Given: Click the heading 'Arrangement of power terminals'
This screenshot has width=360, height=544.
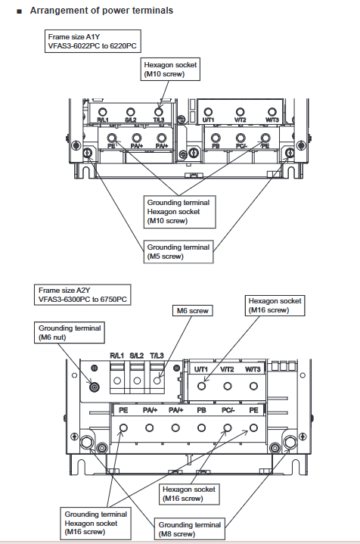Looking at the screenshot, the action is [101, 11].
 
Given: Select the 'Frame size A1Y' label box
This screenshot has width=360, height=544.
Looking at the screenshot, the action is [92, 42].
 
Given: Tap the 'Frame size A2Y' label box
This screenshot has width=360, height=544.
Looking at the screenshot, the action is [82, 295].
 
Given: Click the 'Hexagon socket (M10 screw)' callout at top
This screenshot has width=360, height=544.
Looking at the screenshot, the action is [170, 70].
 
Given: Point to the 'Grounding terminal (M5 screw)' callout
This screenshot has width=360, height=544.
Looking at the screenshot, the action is [178, 252].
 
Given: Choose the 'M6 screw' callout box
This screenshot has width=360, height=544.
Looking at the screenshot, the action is [193, 311].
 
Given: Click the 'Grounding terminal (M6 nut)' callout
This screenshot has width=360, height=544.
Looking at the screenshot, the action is [70, 333].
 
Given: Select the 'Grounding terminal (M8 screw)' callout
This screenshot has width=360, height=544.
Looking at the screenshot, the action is [190, 529].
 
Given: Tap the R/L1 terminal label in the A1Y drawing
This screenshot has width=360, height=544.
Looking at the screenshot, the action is [103, 120].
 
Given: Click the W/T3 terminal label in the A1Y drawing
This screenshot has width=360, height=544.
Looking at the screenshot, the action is [272, 120].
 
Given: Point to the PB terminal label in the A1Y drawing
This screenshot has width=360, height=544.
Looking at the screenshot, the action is [216, 146].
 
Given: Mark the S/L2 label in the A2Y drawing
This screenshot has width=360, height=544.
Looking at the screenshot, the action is [137, 356].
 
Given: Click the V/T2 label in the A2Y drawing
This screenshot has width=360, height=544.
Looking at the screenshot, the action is [227, 369].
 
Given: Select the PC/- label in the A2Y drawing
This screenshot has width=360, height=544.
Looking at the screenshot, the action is [228, 410].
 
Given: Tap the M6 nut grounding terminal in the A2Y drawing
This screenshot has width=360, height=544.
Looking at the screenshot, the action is [94, 387].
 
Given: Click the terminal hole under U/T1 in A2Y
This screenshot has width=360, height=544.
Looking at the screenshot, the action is [201, 386].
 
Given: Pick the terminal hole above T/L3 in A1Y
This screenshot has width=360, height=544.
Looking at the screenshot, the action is [159, 112].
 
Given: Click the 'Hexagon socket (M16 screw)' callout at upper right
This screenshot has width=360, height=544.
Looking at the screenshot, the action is [275, 306].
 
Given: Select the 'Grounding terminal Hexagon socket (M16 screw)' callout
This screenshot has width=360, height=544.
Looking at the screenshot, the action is [96, 523].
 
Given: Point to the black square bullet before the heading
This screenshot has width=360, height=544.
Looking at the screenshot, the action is [19, 11].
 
